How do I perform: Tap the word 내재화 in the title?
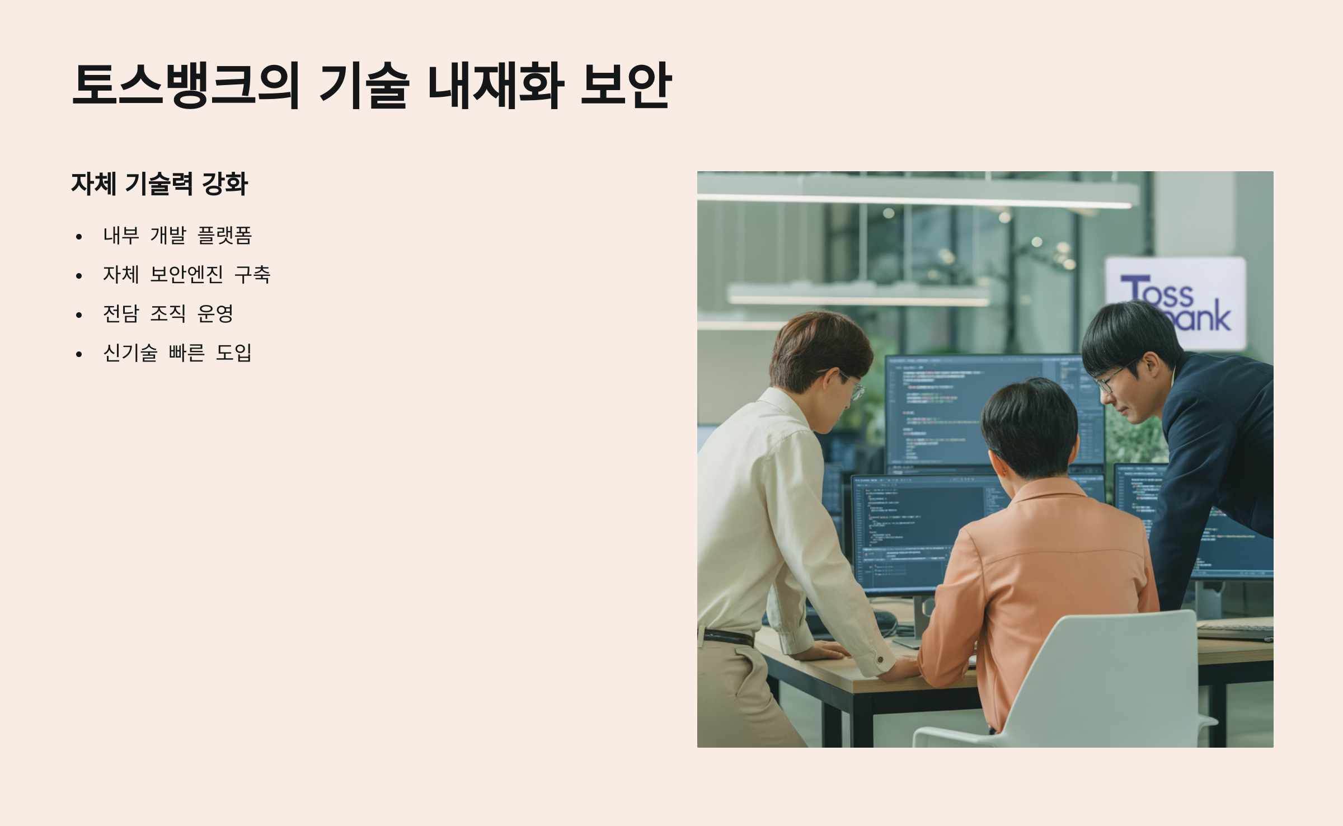pos(495,85)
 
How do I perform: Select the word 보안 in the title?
pos(626,85)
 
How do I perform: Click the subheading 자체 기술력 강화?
pos(159,184)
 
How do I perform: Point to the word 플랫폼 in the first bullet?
pos(225,235)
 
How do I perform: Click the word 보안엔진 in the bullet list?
pos(187,274)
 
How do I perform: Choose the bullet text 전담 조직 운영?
pos(168,313)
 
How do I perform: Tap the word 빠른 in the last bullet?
pos(186,353)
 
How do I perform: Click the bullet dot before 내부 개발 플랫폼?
pos(79,237)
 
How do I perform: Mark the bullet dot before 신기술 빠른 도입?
pos(79,354)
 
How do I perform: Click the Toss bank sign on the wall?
pos(1176,302)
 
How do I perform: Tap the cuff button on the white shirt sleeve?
pos(880,660)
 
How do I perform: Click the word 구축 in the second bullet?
pos(252,274)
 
